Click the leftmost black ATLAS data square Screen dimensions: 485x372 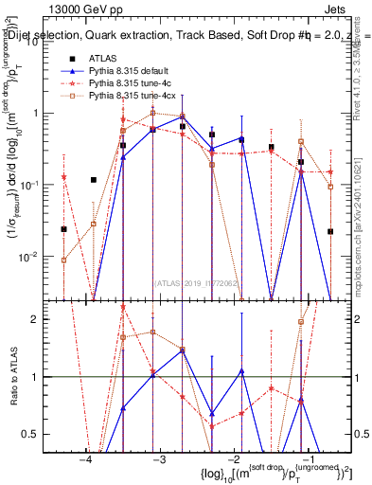tap(64, 229)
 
